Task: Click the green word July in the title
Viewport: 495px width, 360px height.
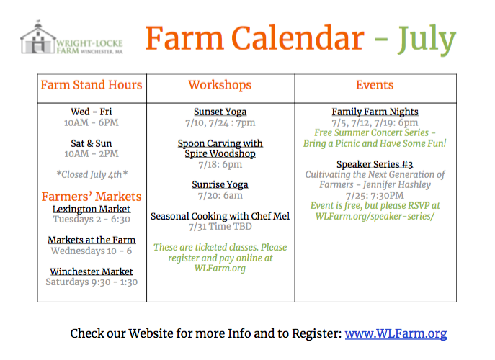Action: point(427,40)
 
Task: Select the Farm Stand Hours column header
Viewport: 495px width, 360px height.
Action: point(92,85)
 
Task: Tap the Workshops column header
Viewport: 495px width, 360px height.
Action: point(220,85)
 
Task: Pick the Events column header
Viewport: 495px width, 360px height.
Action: point(375,85)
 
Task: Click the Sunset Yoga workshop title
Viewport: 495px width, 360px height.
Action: point(220,112)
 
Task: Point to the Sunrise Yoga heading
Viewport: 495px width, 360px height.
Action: point(220,184)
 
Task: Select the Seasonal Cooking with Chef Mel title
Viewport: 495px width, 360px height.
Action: point(220,216)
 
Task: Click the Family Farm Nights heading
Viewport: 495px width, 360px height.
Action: point(375,112)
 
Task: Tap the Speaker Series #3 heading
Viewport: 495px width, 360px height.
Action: point(375,164)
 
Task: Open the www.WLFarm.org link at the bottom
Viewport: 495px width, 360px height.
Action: point(396,333)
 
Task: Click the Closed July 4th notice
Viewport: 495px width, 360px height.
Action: point(92,174)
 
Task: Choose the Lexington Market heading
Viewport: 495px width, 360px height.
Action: point(92,209)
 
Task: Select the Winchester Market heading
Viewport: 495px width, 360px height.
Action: point(92,271)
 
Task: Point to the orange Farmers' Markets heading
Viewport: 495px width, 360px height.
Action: point(92,197)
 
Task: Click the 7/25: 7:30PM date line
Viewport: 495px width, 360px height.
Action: point(375,195)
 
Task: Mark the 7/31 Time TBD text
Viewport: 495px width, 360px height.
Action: point(220,227)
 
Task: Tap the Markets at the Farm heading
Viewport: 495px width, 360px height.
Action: point(92,240)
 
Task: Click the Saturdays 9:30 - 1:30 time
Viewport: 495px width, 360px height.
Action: point(92,282)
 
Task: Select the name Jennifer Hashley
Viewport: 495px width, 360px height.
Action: point(397,184)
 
